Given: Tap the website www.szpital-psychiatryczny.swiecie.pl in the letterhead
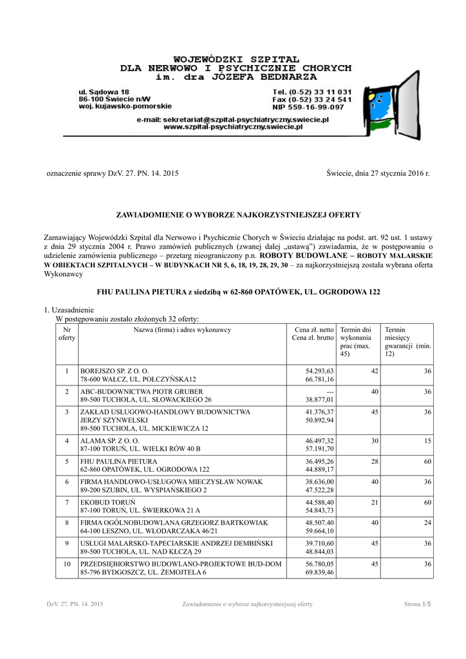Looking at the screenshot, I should pyautogui.click(x=233, y=127).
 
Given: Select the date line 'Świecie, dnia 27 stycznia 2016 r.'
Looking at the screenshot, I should pyautogui.click(x=377, y=174).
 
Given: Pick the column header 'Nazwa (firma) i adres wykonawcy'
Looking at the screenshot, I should pyautogui.click(x=182, y=330).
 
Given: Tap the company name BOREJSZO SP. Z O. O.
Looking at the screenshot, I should pyautogui.click(x=115, y=371).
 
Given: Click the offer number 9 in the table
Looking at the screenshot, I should pyautogui.click(x=66, y=544).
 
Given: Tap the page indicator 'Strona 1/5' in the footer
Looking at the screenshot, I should pyautogui.click(x=417, y=604).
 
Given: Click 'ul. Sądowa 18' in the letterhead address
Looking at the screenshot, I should pyautogui.click(x=103, y=92).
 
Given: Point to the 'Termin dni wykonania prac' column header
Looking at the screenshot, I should pyautogui.click(x=357, y=342).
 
